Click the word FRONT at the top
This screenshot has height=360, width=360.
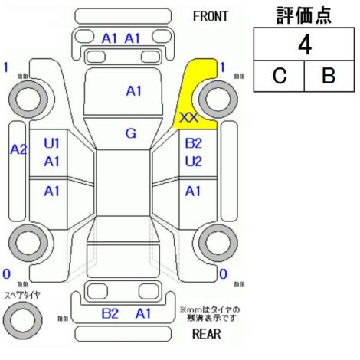pos(210,17)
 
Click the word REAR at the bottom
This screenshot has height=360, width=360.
pos(206,334)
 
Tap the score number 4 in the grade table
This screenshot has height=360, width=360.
pos(305,45)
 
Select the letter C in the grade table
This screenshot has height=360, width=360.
pos(280,76)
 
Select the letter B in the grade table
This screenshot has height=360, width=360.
pos(329,76)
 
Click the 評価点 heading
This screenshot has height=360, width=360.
pos(304,15)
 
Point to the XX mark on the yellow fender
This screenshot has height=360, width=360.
pos(189,118)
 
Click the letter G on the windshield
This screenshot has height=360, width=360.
pos(131,133)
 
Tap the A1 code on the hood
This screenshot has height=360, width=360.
pos(133,91)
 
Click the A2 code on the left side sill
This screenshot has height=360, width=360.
pos(18,149)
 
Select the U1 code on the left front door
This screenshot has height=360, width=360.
pos(51,143)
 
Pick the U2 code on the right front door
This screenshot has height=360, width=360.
pos(193,162)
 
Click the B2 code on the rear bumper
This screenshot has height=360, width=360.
pos(110,313)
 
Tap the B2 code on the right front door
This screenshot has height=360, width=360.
pos(193,143)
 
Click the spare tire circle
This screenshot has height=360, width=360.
pos(23,320)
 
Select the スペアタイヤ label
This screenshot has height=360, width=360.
pos(22,296)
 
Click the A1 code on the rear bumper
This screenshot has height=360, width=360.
pos(143,313)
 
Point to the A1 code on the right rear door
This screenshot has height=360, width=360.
pos(193,191)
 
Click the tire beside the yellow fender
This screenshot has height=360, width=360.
pos(218,99)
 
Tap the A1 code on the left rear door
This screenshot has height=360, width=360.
pos(51,191)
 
